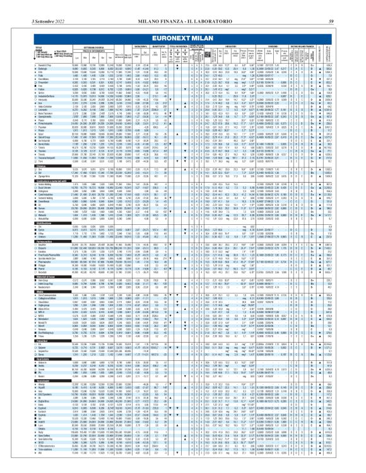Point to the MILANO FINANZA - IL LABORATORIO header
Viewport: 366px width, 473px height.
point(183,6)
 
